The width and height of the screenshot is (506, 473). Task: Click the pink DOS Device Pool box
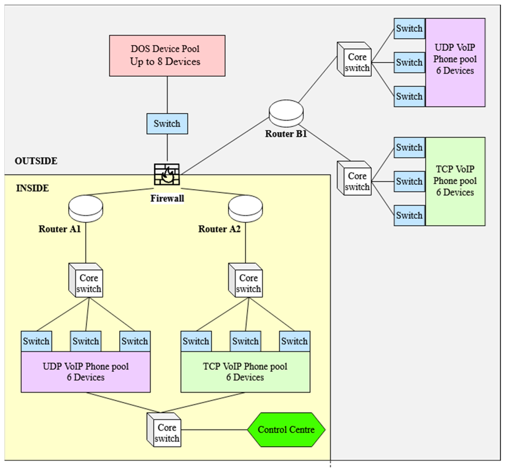[x=167, y=55]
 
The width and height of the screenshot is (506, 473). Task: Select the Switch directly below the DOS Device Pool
[x=167, y=124]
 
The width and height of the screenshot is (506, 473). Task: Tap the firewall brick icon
[x=167, y=174]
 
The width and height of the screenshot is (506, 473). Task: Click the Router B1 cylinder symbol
[x=286, y=113]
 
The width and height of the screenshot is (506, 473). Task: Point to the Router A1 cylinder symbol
[x=86, y=209]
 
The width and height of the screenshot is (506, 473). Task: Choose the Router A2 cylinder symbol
[x=245, y=209]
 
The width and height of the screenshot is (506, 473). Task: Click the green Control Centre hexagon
[x=286, y=430]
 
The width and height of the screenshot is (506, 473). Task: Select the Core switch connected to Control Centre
[x=164, y=430]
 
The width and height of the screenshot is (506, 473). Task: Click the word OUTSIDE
[x=36, y=161]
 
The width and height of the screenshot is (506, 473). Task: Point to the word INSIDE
[x=32, y=188]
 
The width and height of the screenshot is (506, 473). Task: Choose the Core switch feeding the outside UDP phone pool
[x=354, y=59]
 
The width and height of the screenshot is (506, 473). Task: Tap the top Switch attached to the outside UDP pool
[x=409, y=28]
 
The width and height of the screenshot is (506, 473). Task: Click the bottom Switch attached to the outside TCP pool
[x=409, y=215]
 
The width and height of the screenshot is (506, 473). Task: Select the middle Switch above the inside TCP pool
[x=245, y=341]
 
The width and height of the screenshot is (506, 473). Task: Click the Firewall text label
[x=167, y=198]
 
